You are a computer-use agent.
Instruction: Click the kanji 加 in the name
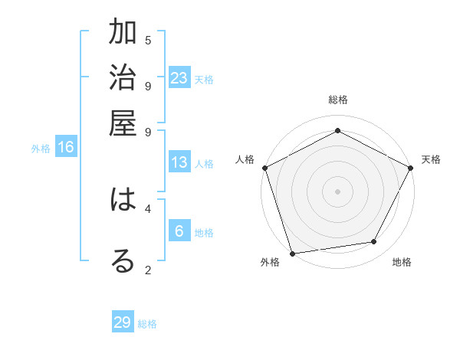pyautogui.click(x=123, y=34)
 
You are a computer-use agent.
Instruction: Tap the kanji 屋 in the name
pyautogui.click(x=123, y=123)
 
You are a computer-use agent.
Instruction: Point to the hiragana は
pyautogui.click(x=123, y=201)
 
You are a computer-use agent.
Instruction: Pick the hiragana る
pyautogui.click(x=123, y=261)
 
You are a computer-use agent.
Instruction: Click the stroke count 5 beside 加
pyautogui.click(x=148, y=40)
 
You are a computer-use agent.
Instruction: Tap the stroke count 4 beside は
pyautogui.click(x=148, y=208)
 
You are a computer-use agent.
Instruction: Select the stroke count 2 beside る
pyautogui.click(x=148, y=269)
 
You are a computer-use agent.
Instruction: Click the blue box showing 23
pyautogui.click(x=179, y=77)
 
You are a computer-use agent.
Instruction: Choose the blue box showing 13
pyautogui.click(x=179, y=162)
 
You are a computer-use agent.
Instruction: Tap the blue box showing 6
pyautogui.click(x=179, y=231)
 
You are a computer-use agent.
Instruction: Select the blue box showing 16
pyautogui.click(x=66, y=147)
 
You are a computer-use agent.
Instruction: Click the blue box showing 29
pyautogui.click(x=123, y=322)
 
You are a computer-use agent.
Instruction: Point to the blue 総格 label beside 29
pyautogui.click(x=147, y=324)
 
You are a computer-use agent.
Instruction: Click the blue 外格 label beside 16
pyautogui.click(x=41, y=149)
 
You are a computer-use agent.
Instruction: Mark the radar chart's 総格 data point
pyautogui.click(x=337, y=130)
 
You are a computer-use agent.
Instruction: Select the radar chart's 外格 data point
pyautogui.click(x=292, y=253)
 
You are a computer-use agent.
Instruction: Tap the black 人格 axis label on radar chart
pyautogui.click(x=245, y=159)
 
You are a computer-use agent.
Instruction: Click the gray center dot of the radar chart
pyautogui.click(x=337, y=191)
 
